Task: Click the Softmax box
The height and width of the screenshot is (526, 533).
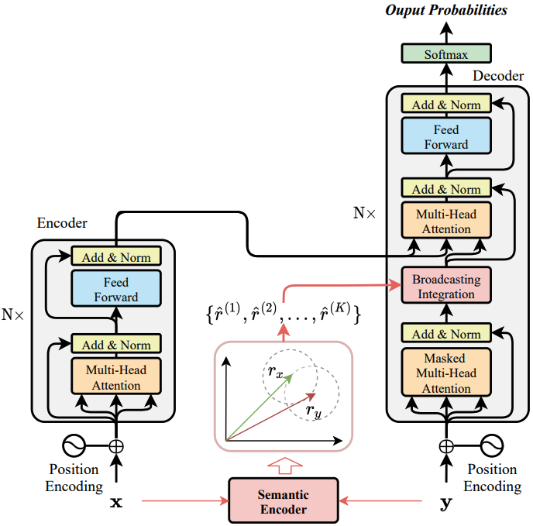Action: [445, 53]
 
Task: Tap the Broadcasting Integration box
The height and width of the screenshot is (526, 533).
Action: [445, 287]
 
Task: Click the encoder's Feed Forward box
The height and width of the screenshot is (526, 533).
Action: [116, 289]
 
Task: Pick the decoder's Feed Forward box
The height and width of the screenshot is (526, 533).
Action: [445, 137]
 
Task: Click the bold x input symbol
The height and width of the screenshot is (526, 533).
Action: [116, 502]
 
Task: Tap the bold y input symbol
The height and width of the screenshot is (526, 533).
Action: [446, 503]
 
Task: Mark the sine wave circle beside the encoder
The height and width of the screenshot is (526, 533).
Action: [73, 445]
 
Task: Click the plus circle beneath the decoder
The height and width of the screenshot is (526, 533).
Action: [446, 445]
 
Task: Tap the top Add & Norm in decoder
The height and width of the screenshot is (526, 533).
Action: [445, 105]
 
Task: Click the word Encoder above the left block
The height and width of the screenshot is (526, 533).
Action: [62, 223]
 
